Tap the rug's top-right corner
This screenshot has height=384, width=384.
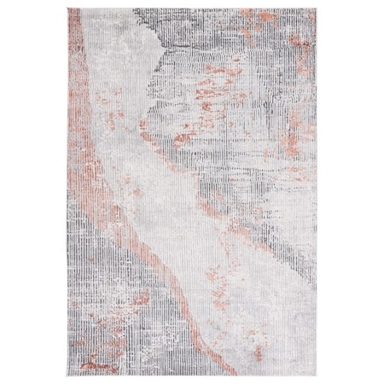pos(316,9)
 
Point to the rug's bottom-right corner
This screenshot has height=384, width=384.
pos(316,375)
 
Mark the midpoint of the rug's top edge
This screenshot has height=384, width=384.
pos(192,9)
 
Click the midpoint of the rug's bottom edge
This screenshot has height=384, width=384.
pos(192,375)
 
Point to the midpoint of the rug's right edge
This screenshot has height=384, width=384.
pos(316,192)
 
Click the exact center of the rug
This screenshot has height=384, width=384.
pos(192,192)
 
